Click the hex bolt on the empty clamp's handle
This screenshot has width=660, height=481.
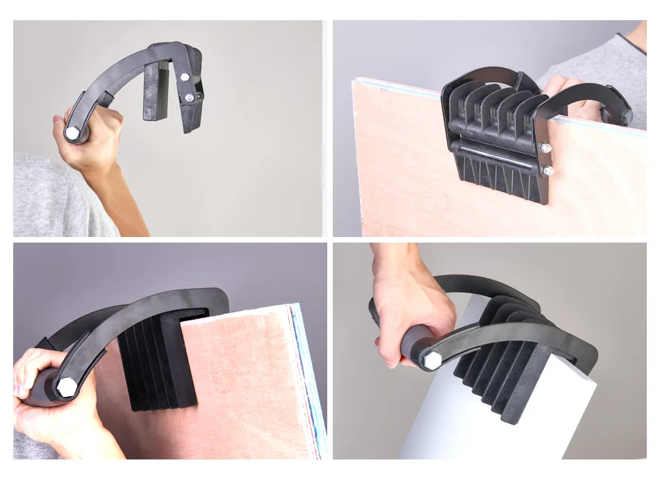73,132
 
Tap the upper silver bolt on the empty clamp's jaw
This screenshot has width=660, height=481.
185,76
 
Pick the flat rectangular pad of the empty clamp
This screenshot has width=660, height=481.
156,90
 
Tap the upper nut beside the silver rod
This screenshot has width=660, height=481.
545,147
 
